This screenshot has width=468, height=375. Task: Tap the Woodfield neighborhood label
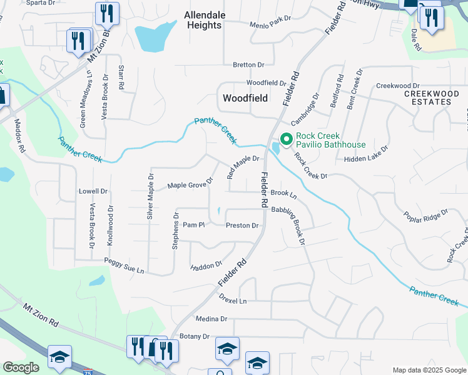coord(245,98)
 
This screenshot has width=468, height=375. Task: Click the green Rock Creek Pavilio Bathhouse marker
coord(287,139)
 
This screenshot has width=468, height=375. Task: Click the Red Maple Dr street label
coord(243,167)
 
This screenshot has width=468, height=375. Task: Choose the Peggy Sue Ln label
coord(124,267)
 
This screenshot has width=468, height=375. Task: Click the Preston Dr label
coord(242,226)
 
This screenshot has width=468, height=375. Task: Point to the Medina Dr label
coord(211,319)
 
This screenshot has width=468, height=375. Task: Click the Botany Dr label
coord(193,336)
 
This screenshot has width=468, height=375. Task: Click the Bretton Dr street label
coord(249,64)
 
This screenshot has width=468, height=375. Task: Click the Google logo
coord(21,367)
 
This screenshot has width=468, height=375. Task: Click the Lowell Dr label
coord(93,191)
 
